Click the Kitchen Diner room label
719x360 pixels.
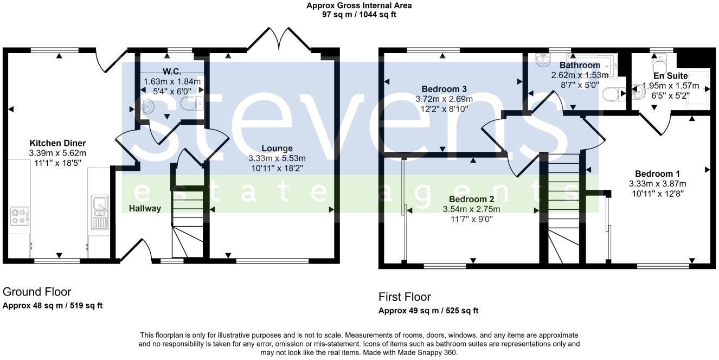tap(57, 143)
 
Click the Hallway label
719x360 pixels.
tap(145, 208)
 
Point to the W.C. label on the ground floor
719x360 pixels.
tap(171, 72)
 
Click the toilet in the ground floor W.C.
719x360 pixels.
tap(190, 104)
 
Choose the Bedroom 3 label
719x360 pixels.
tap(444, 89)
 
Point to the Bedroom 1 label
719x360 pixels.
tap(657, 174)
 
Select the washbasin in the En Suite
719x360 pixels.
tap(639, 93)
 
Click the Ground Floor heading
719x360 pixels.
tap(37, 292)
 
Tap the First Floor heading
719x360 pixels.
tap(405, 297)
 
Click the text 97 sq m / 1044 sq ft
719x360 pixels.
tap(359, 15)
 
